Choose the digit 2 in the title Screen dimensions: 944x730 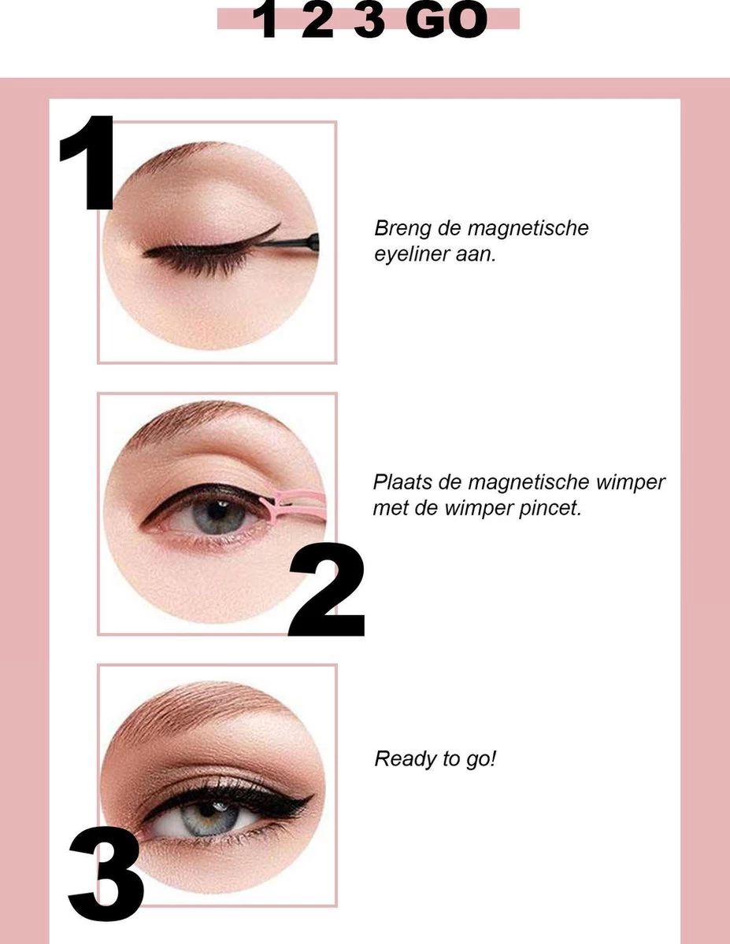pos(317,22)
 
